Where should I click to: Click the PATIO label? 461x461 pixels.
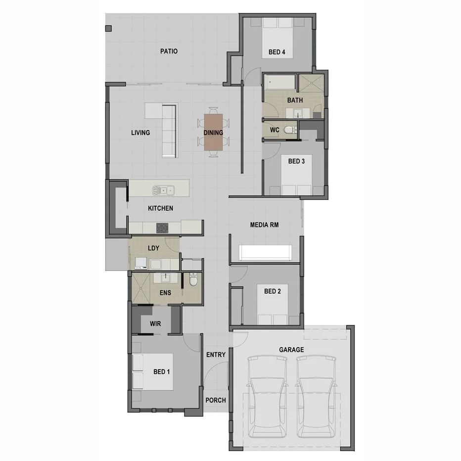pyautogui.click(x=169, y=51)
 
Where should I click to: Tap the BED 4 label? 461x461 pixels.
pyautogui.click(x=277, y=52)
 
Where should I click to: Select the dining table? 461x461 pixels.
pyautogui.click(x=213, y=132)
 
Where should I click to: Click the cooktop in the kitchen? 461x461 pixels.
pyautogui.click(x=162, y=228)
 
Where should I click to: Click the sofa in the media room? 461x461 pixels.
pyautogui.click(x=265, y=252)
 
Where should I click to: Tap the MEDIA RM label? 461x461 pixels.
pyautogui.click(x=264, y=225)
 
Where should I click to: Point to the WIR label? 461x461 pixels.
pyautogui.click(x=155, y=324)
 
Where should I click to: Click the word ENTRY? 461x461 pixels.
pyautogui.click(x=216, y=355)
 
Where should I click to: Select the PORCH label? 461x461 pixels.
pyautogui.click(x=215, y=400)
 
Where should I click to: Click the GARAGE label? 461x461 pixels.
pyautogui.click(x=291, y=350)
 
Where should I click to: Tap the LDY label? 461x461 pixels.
pyautogui.click(x=153, y=248)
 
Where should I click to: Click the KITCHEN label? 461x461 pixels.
pyautogui.click(x=160, y=208)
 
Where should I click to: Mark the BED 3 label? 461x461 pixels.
pyautogui.click(x=296, y=161)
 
